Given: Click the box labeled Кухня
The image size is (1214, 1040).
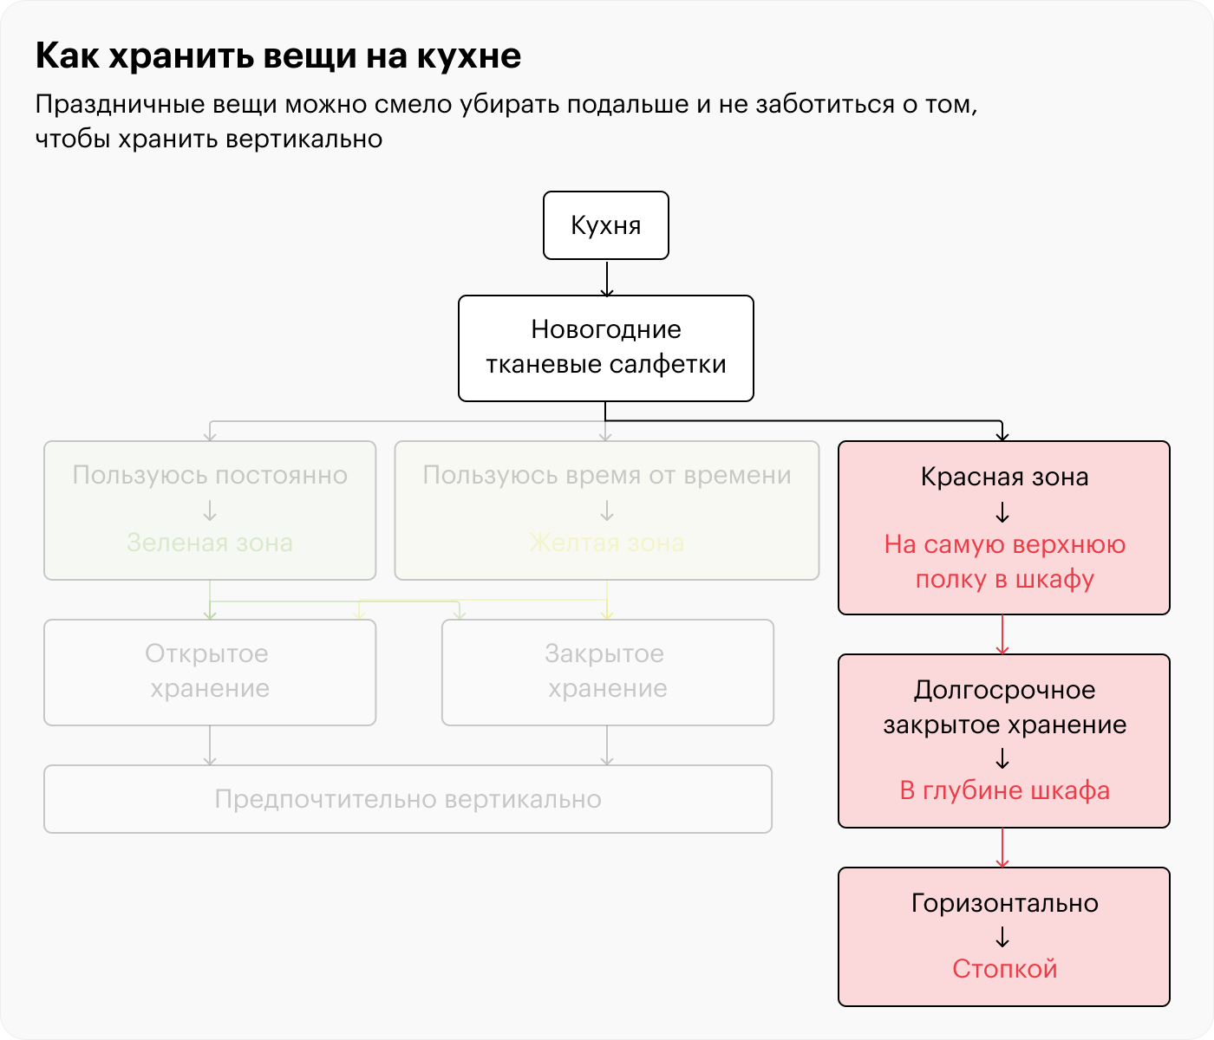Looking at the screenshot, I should (606, 225).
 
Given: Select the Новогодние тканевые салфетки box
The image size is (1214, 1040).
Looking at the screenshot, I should (606, 348).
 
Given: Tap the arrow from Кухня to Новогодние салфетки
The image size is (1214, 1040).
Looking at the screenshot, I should (606, 278).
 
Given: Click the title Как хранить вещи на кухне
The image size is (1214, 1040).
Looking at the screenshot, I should (278, 55).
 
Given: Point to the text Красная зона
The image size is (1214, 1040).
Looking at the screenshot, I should (1004, 477).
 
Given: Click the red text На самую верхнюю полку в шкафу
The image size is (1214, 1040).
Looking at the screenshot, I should (1004, 562).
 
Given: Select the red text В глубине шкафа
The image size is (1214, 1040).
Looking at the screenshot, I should (1004, 790).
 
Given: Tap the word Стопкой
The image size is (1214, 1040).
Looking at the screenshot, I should (1004, 968).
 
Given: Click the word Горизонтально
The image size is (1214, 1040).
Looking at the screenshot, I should (1004, 903).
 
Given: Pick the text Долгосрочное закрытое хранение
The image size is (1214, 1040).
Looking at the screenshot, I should (1004, 707).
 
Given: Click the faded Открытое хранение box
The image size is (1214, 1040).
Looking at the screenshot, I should (210, 672).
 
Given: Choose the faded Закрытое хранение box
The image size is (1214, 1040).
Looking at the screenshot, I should (607, 672).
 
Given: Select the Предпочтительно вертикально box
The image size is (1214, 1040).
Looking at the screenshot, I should (408, 799).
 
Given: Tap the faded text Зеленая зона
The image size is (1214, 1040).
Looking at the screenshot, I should (210, 543).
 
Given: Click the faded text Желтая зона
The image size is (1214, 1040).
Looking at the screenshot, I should (607, 543).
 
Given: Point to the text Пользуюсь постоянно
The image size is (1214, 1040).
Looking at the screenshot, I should (210, 475).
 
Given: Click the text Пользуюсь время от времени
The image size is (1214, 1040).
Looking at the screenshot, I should (607, 475).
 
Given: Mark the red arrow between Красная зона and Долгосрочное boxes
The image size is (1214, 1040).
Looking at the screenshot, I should (1002, 634).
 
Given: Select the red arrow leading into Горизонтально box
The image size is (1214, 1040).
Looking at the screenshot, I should (1002, 848).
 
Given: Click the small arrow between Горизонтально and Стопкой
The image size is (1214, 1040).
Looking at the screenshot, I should (1002, 936).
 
